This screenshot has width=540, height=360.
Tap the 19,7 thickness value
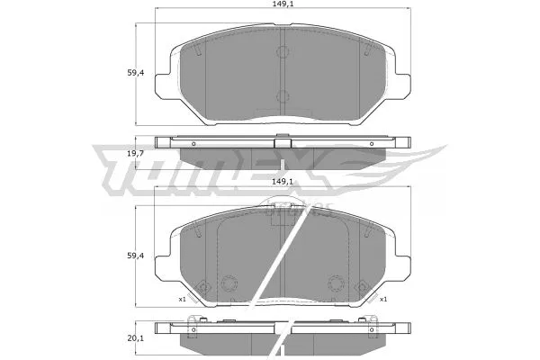pyautogui.click(x=136, y=154)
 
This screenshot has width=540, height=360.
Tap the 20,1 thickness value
pyautogui.click(x=136, y=339)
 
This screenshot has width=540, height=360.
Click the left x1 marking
pyautogui.click(x=182, y=299)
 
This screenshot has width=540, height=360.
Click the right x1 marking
pyautogui.click(x=382, y=299)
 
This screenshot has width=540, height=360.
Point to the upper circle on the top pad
pyautogui.click(x=282, y=51)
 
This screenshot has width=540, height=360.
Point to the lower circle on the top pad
pyautogui.click(x=282, y=96)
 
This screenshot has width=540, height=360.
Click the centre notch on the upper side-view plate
pyautogui.click(x=282, y=141)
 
